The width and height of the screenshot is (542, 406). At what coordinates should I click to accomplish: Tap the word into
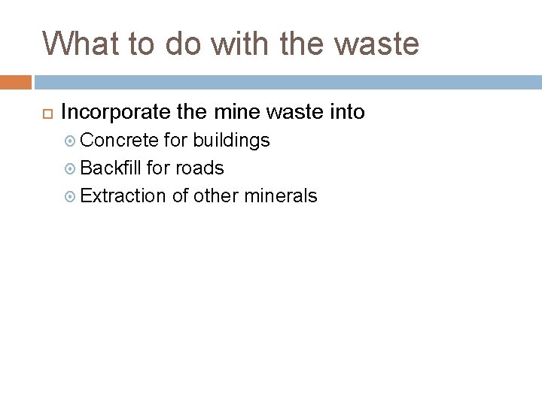(x=346, y=113)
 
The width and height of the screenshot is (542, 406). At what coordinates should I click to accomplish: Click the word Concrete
(x=119, y=140)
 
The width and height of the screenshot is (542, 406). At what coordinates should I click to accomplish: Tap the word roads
(x=199, y=168)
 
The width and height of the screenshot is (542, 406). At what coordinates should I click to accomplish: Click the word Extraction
(x=123, y=196)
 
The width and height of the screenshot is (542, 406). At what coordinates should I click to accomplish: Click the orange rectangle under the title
(x=15, y=81)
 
